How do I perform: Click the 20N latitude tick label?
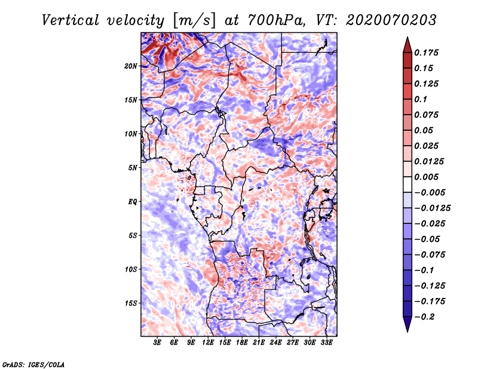tap(131, 66)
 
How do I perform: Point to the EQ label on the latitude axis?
tap(133, 202)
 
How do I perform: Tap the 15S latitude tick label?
tap(131, 303)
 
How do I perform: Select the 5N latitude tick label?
tap(133, 168)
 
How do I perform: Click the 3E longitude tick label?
tap(157, 342)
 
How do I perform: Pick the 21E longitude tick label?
tap(259, 342)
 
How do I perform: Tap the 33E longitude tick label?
tap(326, 342)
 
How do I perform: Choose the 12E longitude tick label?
tap(207, 342)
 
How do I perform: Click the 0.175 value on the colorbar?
tap(426, 53)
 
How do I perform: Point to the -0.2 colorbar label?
tap(424, 317)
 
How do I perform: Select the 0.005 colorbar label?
tap(426, 177)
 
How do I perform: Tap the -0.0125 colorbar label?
tap(432, 208)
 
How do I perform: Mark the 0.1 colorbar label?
tap(421, 99)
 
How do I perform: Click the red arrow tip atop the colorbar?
tap(407, 38)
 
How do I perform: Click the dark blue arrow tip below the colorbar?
tap(407, 331)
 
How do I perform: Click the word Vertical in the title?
tap(71, 20)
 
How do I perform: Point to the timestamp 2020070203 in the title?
tap(391, 20)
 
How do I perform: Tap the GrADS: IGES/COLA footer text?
tap(33, 364)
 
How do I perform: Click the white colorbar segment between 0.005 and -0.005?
tap(407, 184)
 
